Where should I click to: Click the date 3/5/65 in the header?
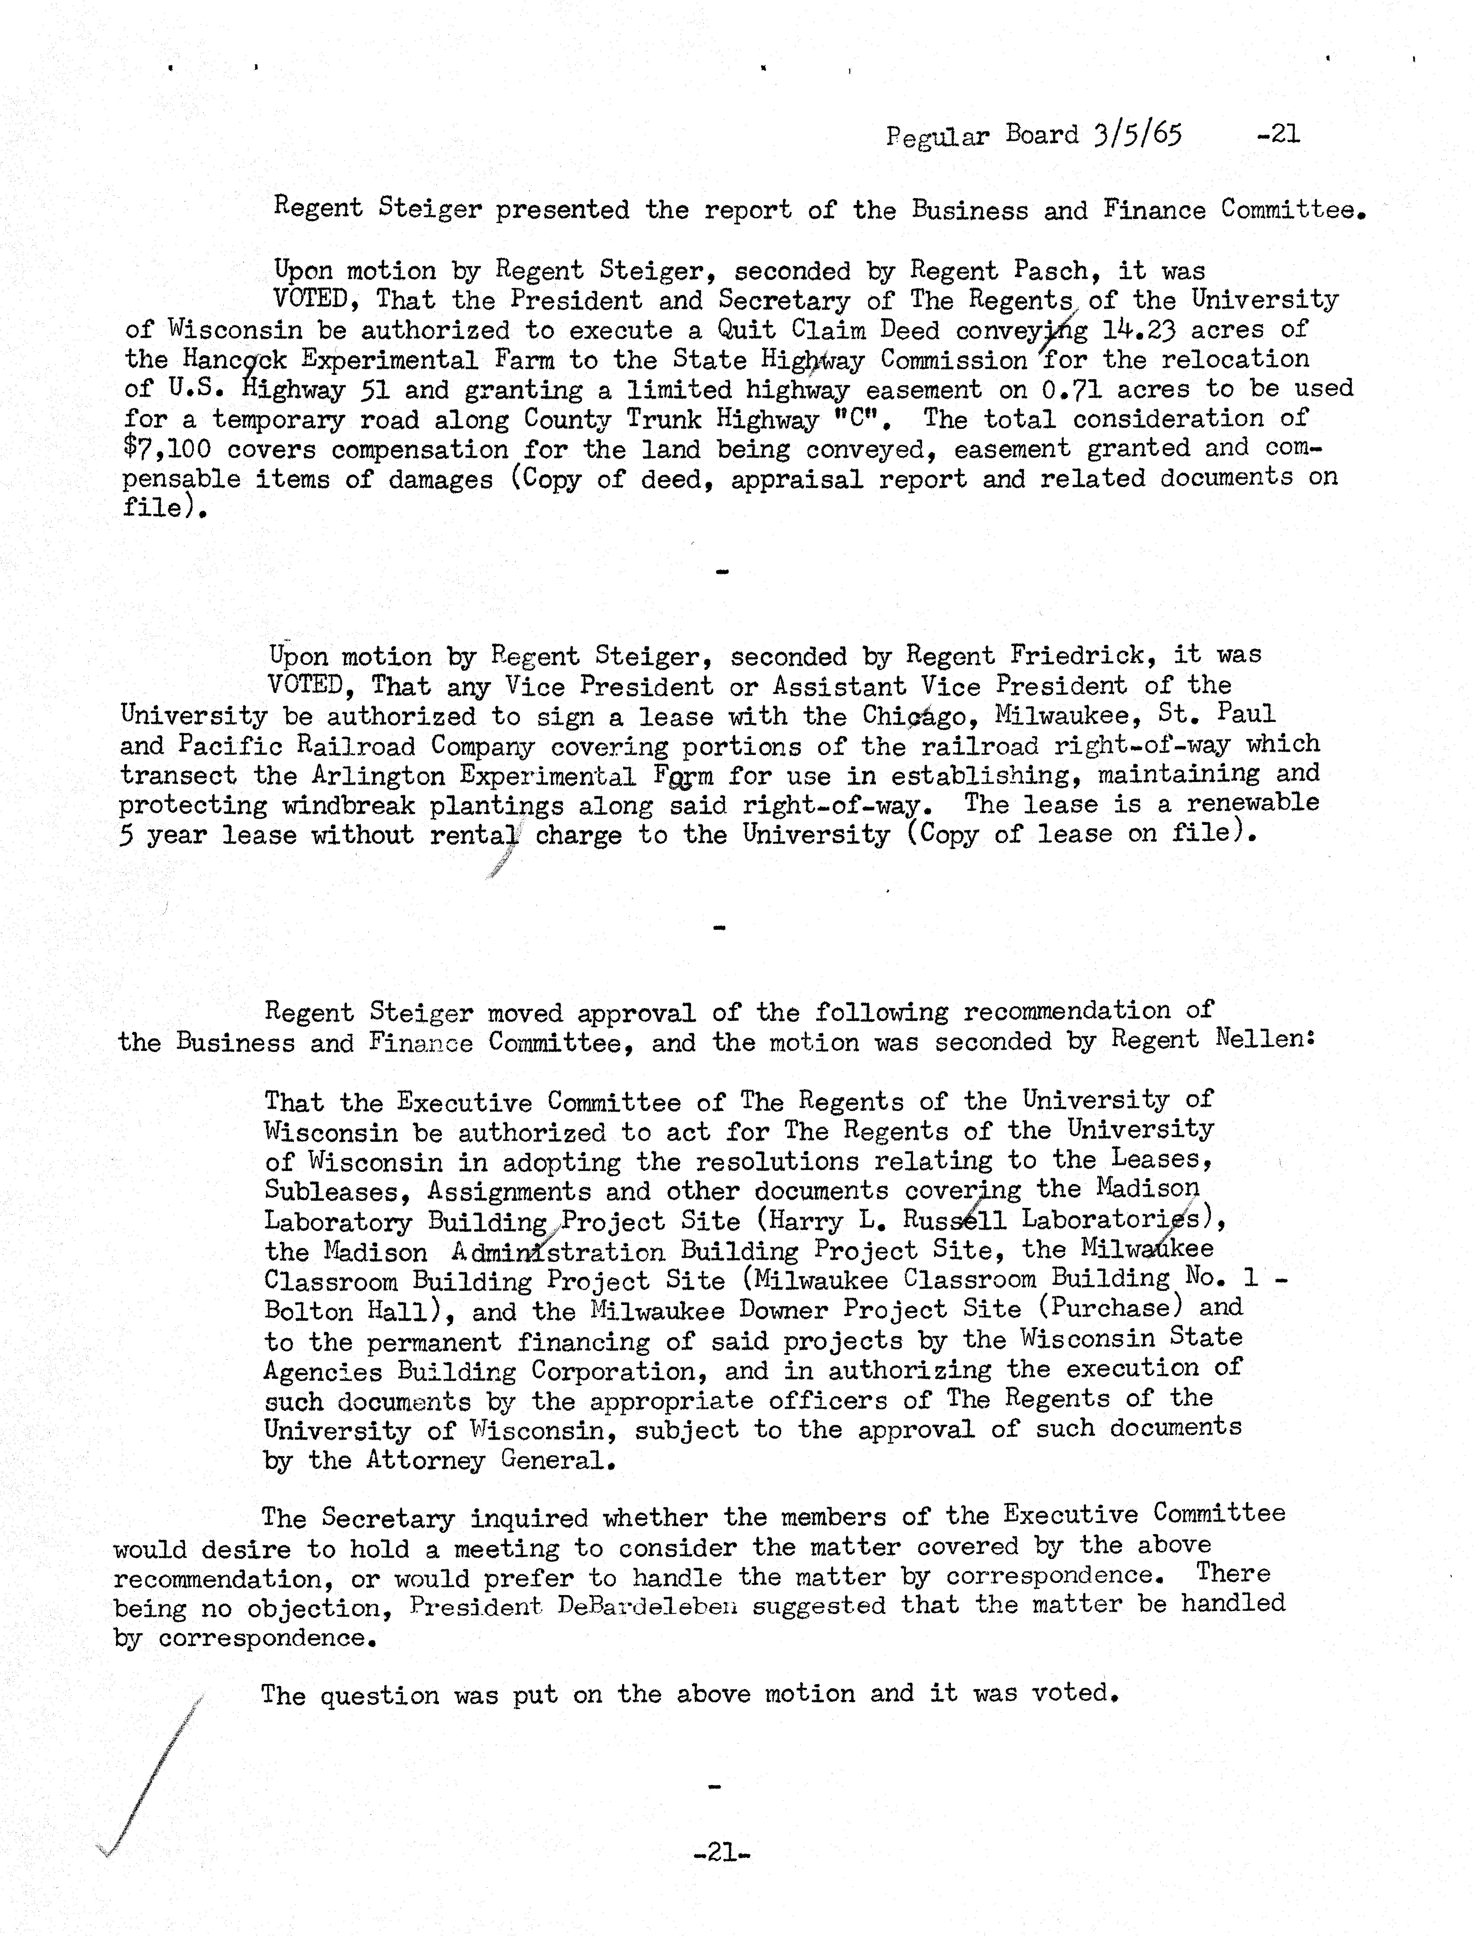tap(1138, 134)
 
